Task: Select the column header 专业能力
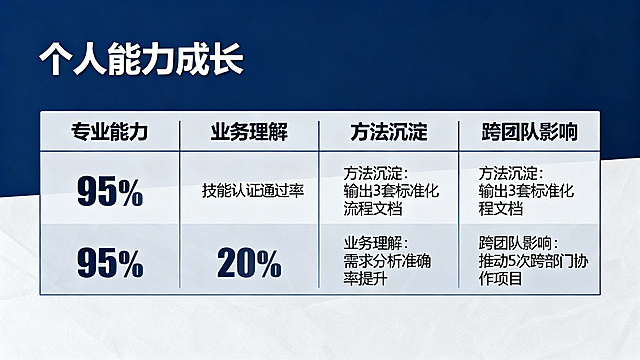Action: click(x=110, y=132)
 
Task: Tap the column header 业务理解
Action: click(x=249, y=132)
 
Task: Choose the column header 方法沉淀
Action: click(x=389, y=132)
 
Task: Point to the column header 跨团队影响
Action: click(x=528, y=132)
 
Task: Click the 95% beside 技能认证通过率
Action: click(x=110, y=190)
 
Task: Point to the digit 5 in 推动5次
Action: click(x=516, y=262)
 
